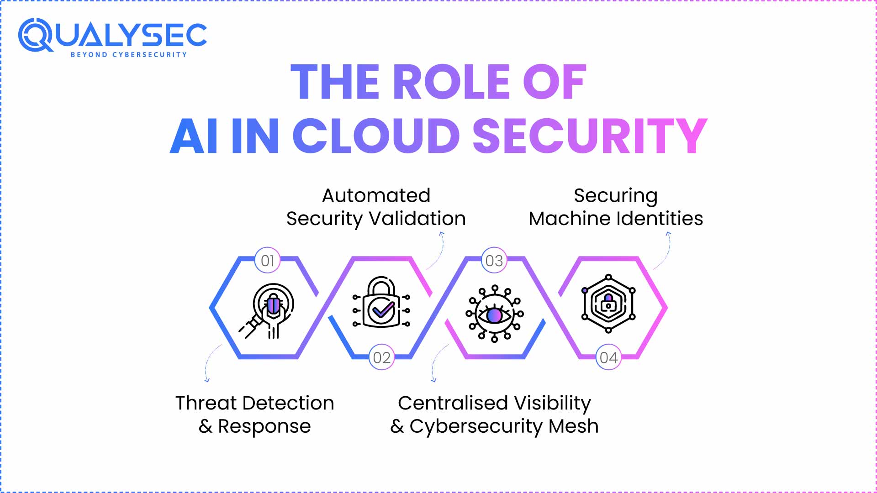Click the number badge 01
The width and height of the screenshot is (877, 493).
click(x=267, y=261)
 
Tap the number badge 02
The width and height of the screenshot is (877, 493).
click(x=381, y=357)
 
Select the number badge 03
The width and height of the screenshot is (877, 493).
click(x=494, y=261)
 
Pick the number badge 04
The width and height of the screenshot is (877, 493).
click(x=608, y=357)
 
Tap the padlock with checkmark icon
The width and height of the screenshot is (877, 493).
click(x=381, y=303)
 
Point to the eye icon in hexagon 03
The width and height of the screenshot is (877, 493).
click(x=494, y=314)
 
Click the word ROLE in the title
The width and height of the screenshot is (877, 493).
click(x=451, y=82)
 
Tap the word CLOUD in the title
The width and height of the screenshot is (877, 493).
click(x=376, y=136)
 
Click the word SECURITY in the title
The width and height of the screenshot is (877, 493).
click(x=590, y=136)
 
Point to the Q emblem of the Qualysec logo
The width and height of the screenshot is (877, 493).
click(x=35, y=35)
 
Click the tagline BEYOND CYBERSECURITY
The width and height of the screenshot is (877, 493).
click(x=129, y=55)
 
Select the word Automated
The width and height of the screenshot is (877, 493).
click(x=376, y=195)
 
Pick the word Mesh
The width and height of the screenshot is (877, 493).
click(x=573, y=426)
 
